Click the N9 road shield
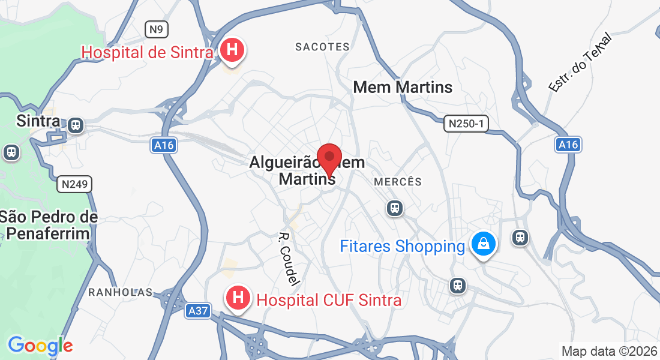tap(157, 29)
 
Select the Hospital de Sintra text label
tap(148, 52)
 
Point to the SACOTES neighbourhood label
tap(323, 47)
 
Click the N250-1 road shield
tap(466, 124)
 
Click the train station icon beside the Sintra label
tap(76, 125)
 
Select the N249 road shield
tap(75, 184)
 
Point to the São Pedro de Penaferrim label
tap(49, 224)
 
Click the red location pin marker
tap(329, 159)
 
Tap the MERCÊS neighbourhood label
tap(398, 182)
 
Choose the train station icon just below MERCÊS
tap(394, 208)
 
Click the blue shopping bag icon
tap(483, 244)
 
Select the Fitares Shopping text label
tap(402, 247)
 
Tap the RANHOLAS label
tap(121, 292)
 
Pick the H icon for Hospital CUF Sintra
tap(238, 298)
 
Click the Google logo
tap(40, 346)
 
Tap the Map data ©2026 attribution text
tap(608, 351)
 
